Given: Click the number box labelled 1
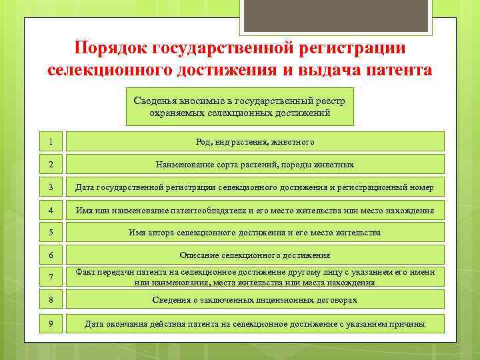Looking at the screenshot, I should [x=51, y=141].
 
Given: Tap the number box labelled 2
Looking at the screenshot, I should [x=51, y=164].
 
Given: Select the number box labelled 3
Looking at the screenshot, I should [x=51, y=187].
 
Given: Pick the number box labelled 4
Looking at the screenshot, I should [x=51, y=210].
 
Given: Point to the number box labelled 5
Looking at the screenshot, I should [x=51, y=233].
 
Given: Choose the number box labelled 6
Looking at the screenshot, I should [x=51, y=255].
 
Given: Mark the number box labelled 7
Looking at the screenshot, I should [x=51, y=277].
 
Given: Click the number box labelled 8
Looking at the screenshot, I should [x=51, y=299].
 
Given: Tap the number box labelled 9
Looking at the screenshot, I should [x=51, y=324].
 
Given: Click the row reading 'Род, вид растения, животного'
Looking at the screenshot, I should [x=255, y=141].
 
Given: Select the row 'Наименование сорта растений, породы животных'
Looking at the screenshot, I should [x=255, y=164].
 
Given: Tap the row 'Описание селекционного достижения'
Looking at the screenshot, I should [x=255, y=255].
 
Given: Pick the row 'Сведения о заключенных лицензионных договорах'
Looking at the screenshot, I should [x=255, y=299].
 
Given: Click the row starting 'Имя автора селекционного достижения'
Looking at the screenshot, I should [x=255, y=233].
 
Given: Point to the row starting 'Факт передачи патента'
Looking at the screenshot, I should [x=255, y=277].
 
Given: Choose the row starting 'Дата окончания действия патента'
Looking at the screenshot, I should [x=255, y=324].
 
